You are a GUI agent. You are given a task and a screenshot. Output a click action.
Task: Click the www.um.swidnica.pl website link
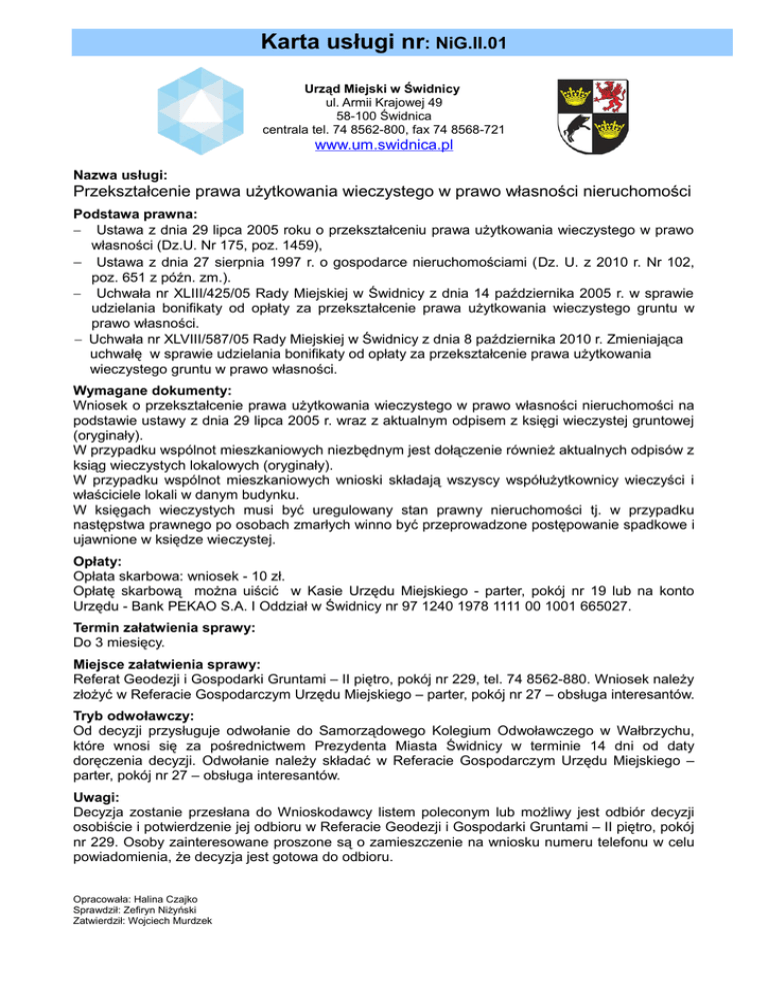tap(384, 146)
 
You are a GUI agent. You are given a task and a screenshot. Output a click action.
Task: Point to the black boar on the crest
tap(576, 131)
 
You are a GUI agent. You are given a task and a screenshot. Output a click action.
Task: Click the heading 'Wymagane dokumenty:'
tap(153, 391)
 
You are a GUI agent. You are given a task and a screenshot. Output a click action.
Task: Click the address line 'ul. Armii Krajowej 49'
tap(383, 103)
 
